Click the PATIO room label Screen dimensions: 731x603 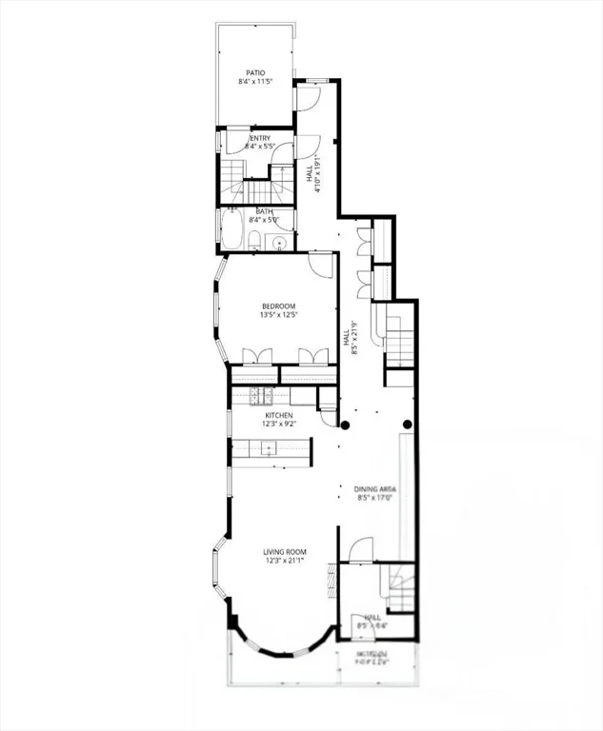point(255,72)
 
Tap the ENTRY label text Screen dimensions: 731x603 point(259,138)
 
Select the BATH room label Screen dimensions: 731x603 point(263,212)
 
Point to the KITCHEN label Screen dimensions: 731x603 point(278,416)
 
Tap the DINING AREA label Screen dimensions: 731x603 point(375,488)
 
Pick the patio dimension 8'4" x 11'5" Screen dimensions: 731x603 point(255,82)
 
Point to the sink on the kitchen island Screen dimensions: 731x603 point(270,448)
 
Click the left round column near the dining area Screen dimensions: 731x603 point(346,425)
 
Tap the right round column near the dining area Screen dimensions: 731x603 point(408,425)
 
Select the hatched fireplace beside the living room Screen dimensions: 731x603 point(332,577)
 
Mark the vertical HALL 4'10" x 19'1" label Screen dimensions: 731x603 point(314,173)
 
